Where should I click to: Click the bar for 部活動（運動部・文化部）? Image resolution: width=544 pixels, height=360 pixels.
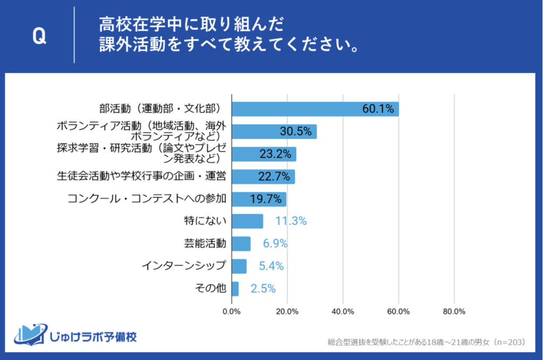coord(314,109)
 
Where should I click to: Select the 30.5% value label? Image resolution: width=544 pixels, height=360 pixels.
coord(295,132)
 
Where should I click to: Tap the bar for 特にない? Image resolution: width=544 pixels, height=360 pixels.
coord(247,221)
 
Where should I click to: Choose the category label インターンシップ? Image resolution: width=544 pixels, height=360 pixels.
coord(184,266)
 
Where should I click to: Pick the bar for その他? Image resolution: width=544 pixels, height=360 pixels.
coord(235,289)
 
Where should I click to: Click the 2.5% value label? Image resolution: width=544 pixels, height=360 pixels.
coord(263,289)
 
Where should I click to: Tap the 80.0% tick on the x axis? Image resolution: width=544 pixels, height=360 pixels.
coord(454,311)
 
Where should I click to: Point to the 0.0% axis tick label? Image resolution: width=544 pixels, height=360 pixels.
coord(232,311)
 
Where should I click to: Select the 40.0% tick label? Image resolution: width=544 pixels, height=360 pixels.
coord(343,311)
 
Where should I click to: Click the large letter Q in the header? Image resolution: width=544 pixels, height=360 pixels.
coord(39,36)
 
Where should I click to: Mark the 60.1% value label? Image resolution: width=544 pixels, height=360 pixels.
coord(378,109)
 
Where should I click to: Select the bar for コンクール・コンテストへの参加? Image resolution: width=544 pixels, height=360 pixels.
coord(259,199)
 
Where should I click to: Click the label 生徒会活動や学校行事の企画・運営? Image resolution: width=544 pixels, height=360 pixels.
coord(142,176)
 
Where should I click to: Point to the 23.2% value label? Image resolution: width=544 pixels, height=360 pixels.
coord(275,155)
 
